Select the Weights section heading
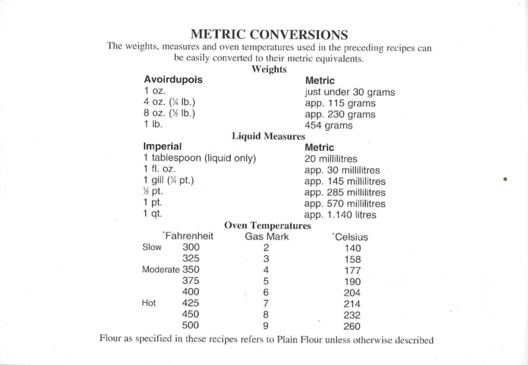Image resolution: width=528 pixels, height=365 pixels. tap(269, 69)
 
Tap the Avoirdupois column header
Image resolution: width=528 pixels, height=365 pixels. tap(172, 80)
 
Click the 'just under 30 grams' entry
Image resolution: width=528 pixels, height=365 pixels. tap(350, 92)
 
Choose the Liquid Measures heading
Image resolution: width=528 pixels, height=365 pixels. tap(268, 136)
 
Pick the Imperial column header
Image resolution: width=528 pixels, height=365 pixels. tap(162, 147)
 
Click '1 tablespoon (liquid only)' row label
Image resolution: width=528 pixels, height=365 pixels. tap(199, 158)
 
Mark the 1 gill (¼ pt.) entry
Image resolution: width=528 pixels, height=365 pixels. tap(168, 181)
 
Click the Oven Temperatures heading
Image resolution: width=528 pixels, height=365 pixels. tap(268, 226)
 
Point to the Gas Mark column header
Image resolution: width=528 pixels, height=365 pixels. tap(267, 236)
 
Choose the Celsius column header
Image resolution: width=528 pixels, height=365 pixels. tap(350, 236)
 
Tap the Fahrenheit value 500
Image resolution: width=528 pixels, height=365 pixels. tap(191, 326)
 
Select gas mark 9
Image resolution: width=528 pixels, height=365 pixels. tap(267, 326)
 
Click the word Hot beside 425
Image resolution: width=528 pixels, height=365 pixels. tap(149, 304)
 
